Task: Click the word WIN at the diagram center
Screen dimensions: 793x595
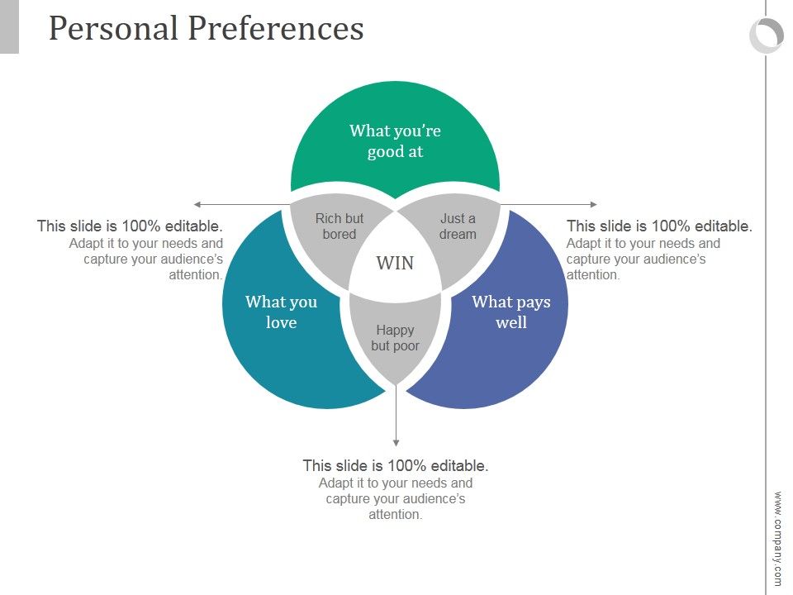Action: click(395, 263)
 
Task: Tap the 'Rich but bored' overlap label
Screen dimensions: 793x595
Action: click(340, 226)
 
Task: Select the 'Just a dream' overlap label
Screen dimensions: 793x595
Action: click(458, 226)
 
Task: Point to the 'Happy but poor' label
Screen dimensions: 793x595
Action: click(395, 337)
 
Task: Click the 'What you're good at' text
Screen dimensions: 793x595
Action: click(395, 140)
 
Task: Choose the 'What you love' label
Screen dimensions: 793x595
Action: click(281, 312)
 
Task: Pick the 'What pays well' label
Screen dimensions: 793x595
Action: click(511, 312)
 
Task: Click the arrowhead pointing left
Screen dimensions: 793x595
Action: click(197, 204)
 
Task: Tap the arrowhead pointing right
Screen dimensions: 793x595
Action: click(594, 204)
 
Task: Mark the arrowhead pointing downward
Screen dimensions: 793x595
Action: click(396, 443)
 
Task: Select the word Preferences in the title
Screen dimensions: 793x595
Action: click(276, 28)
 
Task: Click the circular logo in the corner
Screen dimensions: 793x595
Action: click(766, 36)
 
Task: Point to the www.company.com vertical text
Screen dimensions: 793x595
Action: click(777, 538)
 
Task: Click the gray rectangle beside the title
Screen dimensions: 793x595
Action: click(9, 26)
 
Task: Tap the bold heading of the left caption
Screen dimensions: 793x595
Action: click(130, 226)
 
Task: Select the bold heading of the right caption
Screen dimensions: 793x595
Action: click(659, 226)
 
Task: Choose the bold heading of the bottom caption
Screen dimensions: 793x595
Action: click(396, 465)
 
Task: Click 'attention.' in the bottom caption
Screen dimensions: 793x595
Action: click(396, 515)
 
